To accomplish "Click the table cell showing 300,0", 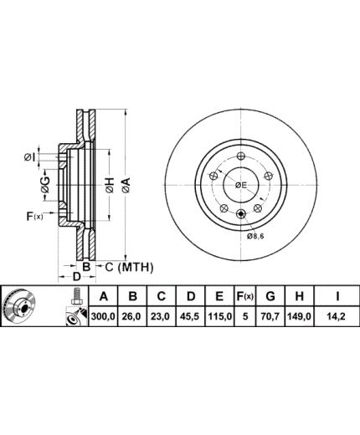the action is point(103,316).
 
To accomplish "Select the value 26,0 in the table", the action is point(133,316).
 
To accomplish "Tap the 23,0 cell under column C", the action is point(162,316).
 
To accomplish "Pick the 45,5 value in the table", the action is point(191,316).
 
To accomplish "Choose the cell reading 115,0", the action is point(219,316).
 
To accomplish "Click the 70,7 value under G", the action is point(270,316).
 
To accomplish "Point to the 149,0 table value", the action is point(299,316).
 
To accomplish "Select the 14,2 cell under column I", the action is point(337,316).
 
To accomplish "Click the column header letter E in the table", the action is point(219,296).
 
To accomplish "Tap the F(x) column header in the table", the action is point(245,296).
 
